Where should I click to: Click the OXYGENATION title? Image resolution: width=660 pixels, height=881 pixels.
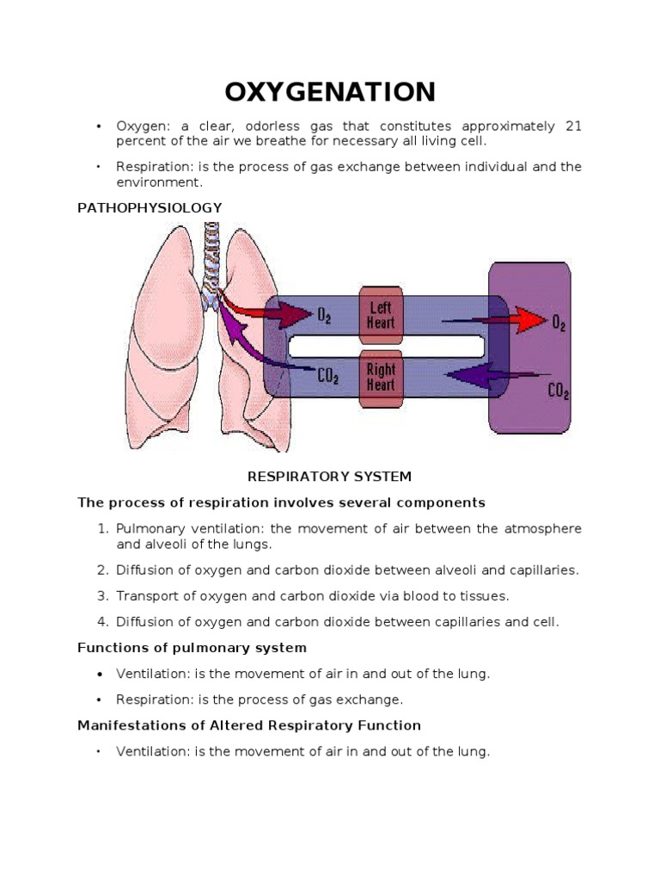point(330,91)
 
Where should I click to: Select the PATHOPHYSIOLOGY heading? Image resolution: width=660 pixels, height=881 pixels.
point(150,207)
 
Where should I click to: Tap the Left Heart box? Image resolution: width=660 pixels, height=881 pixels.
point(381,314)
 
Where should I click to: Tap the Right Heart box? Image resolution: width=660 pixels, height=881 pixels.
point(381,377)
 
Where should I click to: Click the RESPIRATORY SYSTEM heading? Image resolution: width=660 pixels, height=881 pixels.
point(330,476)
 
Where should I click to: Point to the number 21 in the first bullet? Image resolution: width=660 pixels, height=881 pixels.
point(573,126)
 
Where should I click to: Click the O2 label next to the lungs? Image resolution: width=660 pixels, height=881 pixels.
point(325,317)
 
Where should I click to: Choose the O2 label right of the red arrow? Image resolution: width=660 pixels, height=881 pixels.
point(559,324)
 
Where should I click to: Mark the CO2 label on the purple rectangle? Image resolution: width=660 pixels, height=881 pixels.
point(558,391)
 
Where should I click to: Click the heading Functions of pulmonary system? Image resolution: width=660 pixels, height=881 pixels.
point(192,647)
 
